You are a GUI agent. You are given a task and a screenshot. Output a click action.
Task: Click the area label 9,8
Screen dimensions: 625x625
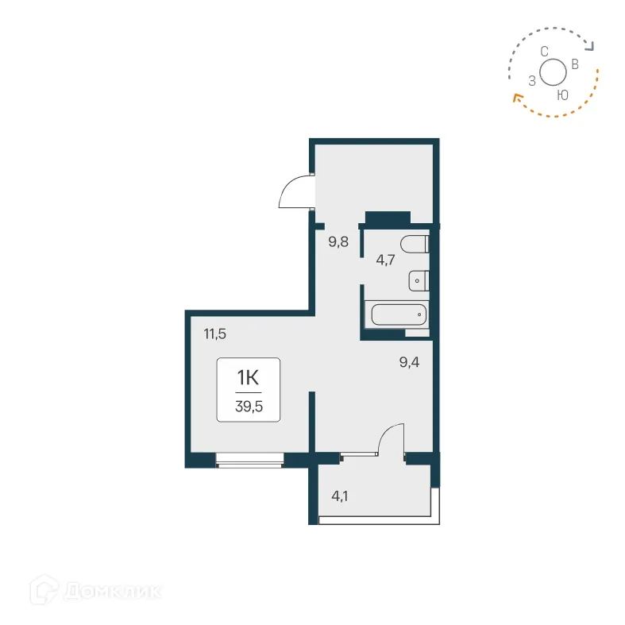[x=338, y=242]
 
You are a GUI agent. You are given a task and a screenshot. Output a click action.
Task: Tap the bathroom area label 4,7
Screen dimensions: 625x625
[x=385, y=259]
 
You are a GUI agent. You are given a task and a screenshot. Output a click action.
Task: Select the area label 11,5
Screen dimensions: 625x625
[x=215, y=334]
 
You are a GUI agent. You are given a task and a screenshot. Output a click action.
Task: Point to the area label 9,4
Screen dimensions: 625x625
[x=410, y=364]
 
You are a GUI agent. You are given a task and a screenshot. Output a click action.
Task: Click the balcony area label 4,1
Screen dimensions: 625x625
[x=340, y=497]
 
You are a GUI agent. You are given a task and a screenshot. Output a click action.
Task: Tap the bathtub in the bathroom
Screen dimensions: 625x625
[x=399, y=315]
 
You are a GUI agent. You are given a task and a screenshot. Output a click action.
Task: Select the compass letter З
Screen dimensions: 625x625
[x=531, y=80]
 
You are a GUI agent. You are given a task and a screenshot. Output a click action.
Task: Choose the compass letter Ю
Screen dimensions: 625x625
[x=562, y=95]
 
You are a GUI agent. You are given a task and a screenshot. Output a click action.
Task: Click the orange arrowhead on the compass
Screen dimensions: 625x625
[x=516, y=98]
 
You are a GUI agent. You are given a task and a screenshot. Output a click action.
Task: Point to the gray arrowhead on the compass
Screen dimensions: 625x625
[x=588, y=46]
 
